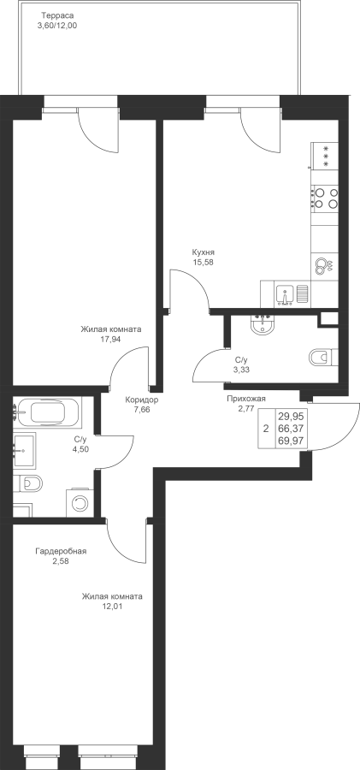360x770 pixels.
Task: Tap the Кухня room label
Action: [x=204, y=252]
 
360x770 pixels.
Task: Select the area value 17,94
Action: [x=110, y=338]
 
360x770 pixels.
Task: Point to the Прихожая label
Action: [x=245, y=399]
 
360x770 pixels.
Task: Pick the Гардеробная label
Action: [x=61, y=551]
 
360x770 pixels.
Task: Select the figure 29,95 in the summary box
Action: [x=290, y=417]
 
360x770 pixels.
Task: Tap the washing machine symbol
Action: [x=79, y=502]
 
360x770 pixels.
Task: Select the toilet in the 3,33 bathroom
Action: [x=323, y=357]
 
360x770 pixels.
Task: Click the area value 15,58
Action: [x=204, y=262]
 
